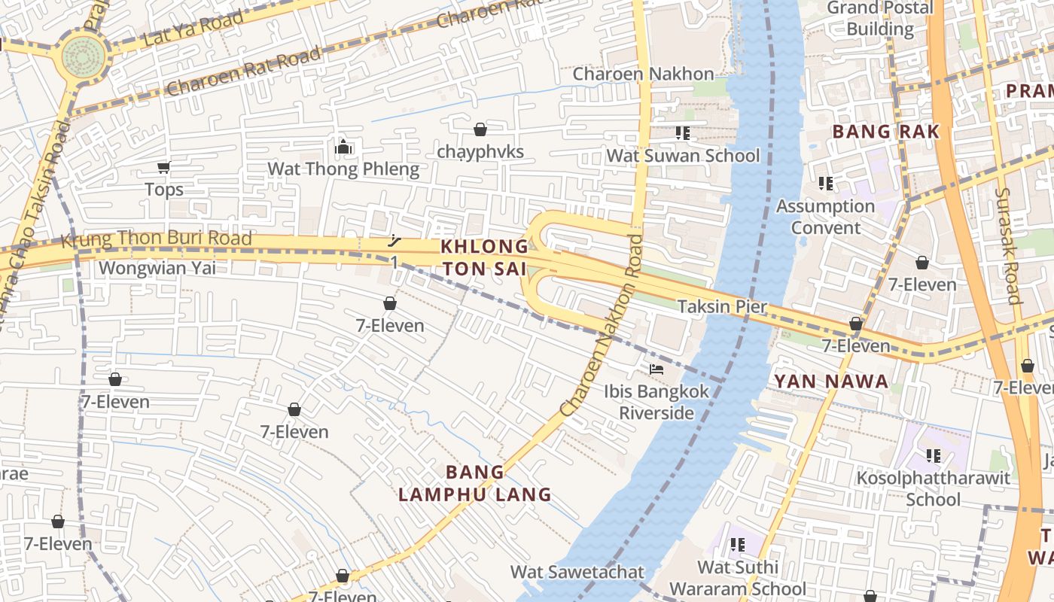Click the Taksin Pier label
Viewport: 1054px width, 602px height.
tap(722, 307)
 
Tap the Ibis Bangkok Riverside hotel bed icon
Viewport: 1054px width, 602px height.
tap(656, 369)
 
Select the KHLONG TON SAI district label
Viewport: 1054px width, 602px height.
tap(485, 257)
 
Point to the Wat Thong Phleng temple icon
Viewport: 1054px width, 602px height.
tap(343, 147)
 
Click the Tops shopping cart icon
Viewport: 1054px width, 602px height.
tap(163, 167)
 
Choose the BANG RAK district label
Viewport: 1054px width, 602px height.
tap(885, 132)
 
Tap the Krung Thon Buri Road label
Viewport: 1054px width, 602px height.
tap(156, 240)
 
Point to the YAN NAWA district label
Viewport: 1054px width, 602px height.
tap(831, 382)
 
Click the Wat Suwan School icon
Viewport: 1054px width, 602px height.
tap(683, 133)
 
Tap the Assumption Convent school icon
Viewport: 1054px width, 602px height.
tap(826, 184)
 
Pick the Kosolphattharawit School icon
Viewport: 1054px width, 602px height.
tap(934, 455)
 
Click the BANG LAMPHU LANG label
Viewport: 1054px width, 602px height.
tap(475, 483)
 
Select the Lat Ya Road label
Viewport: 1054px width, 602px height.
tap(193, 28)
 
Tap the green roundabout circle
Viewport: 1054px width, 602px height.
tap(84, 55)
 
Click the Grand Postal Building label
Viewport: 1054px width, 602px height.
tap(879, 18)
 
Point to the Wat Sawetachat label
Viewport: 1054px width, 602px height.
tap(577, 572)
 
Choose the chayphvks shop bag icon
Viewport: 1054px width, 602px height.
tap(480, 129)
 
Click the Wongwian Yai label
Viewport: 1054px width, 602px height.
tap(157, 268)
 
